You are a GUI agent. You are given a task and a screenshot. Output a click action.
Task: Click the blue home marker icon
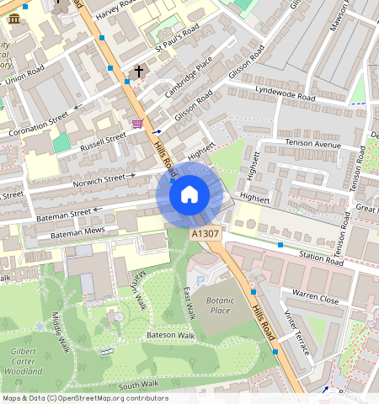(x=189, y=195)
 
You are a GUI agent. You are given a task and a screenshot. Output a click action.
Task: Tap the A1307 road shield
(x=206, y=234)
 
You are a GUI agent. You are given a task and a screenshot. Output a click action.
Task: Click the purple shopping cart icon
(x=136, y=124)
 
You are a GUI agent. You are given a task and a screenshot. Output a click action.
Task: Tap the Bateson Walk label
(x=172, y=335)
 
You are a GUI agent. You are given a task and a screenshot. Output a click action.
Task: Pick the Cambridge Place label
(x=189, y=77)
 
